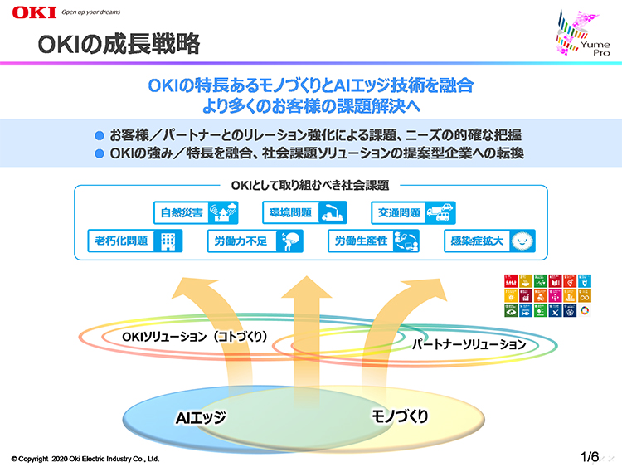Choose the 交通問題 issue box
pyautogui.click(x=411, y=212)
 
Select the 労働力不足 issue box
pyautogui.click(x=254, y=241)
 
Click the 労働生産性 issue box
pyautogui.click(x=372, y=241)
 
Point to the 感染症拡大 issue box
pyautogui.click(x=490, y=241)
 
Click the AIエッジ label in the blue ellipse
pyautogui.click(x=200, y=416)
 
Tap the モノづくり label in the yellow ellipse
pyautogui.click(x=399, y=416)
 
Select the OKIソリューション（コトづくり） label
pyautogui.click(x=195, y=337)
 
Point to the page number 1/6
pyautogui.click(x=590, y=457)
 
